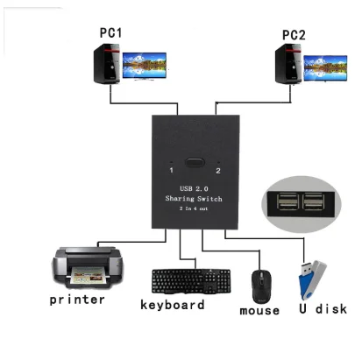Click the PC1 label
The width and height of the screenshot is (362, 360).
tap(110, 32)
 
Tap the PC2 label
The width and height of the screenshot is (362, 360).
tap(294, 35)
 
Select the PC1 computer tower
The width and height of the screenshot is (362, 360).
tap(107, 64)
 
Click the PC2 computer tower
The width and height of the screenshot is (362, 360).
tap(288, 64)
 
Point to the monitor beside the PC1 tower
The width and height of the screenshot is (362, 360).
tap(145, 66)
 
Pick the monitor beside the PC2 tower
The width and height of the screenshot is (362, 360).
tap(325, 68)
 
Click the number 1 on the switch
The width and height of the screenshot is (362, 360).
tap(171, 170)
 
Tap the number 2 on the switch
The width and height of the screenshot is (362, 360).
tap(218, 171)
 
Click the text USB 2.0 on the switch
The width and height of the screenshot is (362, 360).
tap(194, 188)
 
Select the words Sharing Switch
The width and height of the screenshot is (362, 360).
tap(194, 199)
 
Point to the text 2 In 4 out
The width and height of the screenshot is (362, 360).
tap(194, 208)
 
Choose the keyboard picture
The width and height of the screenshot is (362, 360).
tap(191, 281)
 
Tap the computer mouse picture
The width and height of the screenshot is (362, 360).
tap(261, 286)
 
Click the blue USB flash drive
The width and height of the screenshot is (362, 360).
tap(312, 280)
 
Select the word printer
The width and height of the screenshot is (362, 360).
tap(77, 300)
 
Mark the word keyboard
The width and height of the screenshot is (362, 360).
tap(173, 305)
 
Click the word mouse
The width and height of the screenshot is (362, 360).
tap(259, 311)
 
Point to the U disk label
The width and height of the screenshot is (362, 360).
tap(323, 308)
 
